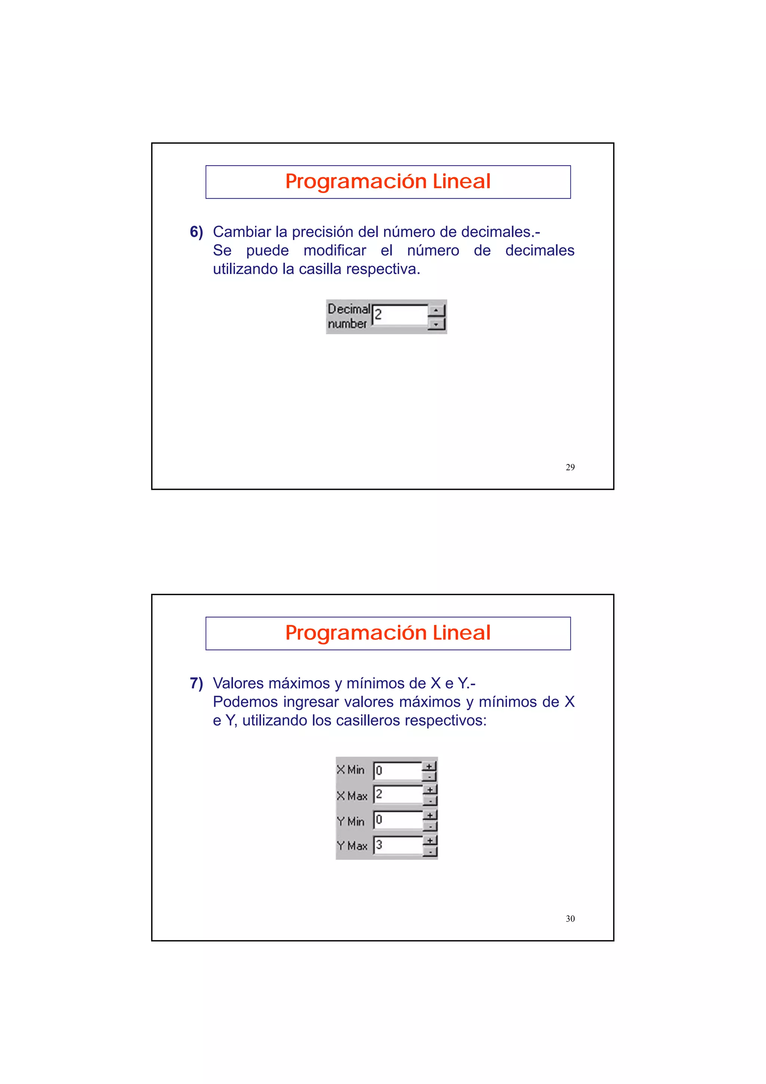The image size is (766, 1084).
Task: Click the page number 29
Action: tap(570, 467)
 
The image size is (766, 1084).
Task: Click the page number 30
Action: tap(570, 918)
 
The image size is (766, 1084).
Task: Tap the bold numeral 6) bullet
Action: tap(196, 232)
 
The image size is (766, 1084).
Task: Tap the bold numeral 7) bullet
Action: tap(196, 683)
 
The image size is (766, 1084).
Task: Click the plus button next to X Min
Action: tap(429, 766)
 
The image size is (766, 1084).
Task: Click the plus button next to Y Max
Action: tap(429, 840)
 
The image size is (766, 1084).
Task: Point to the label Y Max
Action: tap(352, 846)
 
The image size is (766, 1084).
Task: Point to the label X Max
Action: tap(352, 796)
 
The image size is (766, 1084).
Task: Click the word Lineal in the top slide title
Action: tap(461, 181)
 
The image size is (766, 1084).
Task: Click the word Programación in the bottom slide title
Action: tap(356, 633)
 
